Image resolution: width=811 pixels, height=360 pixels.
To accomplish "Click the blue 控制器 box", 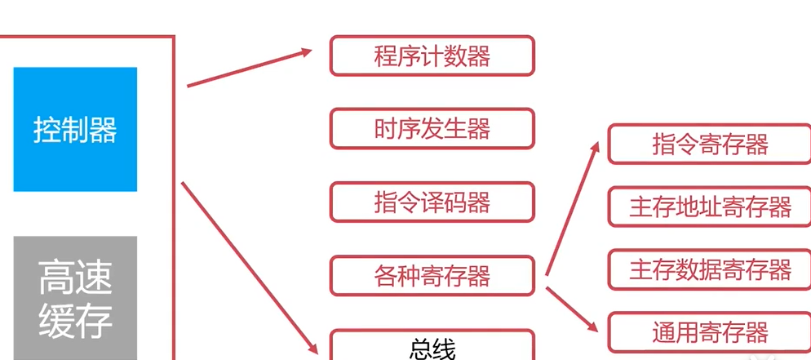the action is pyautogui.click(x=75, y=129).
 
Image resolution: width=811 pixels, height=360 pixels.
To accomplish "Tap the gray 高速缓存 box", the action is pyautogui.click(x=75, y=298).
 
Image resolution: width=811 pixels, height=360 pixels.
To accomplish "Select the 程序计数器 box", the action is pyautogui.click(x=432, y=56).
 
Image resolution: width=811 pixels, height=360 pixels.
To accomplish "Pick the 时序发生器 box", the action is pyautogui.click(x=432, y=129).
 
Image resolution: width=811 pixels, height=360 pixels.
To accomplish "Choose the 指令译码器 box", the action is pyautogui.click(x=432, y=202).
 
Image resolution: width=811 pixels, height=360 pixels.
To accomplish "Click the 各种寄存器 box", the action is pyautogui.click(x=432, y=276).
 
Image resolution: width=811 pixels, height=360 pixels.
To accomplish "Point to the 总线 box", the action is pyautogui.click(x=432, y=346).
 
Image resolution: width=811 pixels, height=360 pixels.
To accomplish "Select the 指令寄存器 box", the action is pyautogui.click(x=710, y=144).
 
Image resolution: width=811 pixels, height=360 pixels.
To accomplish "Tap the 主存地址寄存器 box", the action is pyautogui.click(x=710, y=207).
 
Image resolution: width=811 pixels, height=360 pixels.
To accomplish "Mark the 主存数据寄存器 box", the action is pyautogui.click(x=710, y=269).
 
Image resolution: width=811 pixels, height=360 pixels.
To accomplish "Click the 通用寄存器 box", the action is pyautogui.click(x=710, y=332).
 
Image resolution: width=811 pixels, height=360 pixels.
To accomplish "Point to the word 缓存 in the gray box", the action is pyautogui.click(x=75, y=321).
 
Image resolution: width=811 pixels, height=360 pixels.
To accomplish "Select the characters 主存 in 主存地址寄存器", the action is pyautogui.click(x=649, y=207).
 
